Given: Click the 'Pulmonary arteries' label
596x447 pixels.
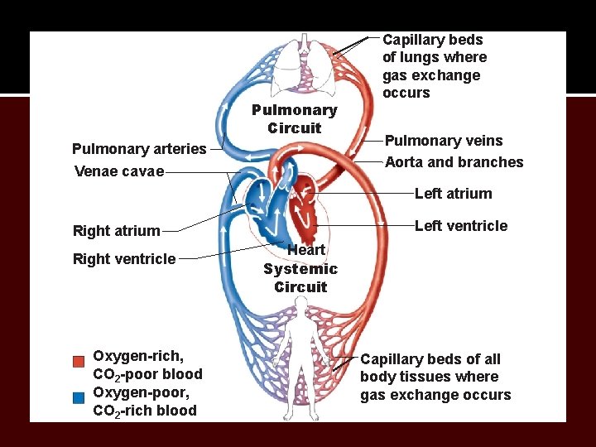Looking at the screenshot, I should click(139, 149).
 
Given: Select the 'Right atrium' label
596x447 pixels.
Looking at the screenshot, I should click(117, 231).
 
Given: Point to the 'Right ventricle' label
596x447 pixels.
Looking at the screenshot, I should click(124, 259).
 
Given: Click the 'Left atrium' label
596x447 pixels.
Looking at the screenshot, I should click(453, 194).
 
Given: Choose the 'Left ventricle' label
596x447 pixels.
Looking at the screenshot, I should click(461, 226).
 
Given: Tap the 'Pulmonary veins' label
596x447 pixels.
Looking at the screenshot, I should click(444, 142).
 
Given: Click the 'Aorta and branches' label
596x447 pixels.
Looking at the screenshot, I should click(454, 162).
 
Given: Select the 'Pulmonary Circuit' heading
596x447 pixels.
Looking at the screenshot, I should click(294, 119).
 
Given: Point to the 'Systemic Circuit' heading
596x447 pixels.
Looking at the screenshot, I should click(300, 278).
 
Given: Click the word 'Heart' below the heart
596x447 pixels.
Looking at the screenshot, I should click(305, 250).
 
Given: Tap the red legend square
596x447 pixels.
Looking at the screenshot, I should click(79, 362).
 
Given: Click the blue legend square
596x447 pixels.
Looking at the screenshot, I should click(79, 398).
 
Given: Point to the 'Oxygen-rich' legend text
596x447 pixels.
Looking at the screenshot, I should click(138, 356).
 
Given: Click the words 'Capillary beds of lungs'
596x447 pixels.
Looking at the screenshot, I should click(434, 48).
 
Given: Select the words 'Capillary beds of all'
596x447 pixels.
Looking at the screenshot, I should click(430, 359).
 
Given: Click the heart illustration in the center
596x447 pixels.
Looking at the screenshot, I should click(286, 207).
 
